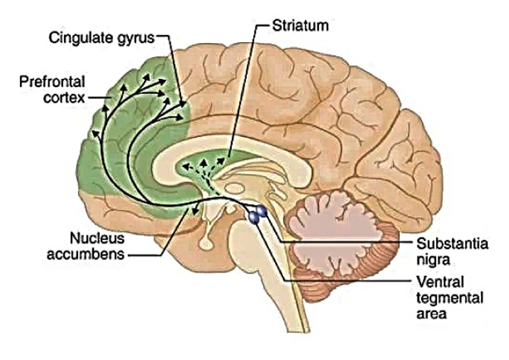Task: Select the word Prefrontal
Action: pos(52,82)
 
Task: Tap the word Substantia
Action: pos(452,243)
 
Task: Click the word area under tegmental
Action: pos(432,314)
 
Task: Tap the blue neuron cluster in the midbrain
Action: pos(257,214)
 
